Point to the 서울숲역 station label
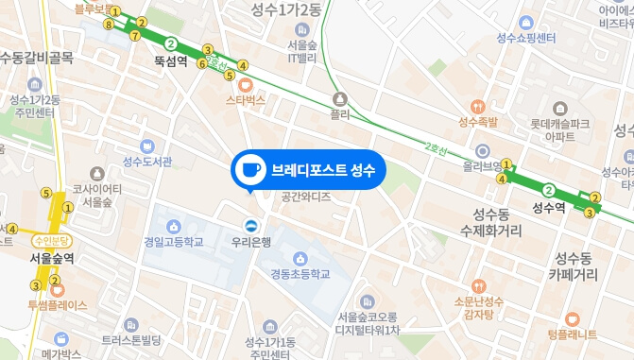point(45,257)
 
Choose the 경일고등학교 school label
point(174,241)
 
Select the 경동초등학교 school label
point(300,273)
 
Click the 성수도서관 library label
point(147,161)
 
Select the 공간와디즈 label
point(306,197)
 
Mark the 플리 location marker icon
point(339,98)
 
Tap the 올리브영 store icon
point(482,150)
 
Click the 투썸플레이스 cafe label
point(57,305)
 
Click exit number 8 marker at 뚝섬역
point(110,26)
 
